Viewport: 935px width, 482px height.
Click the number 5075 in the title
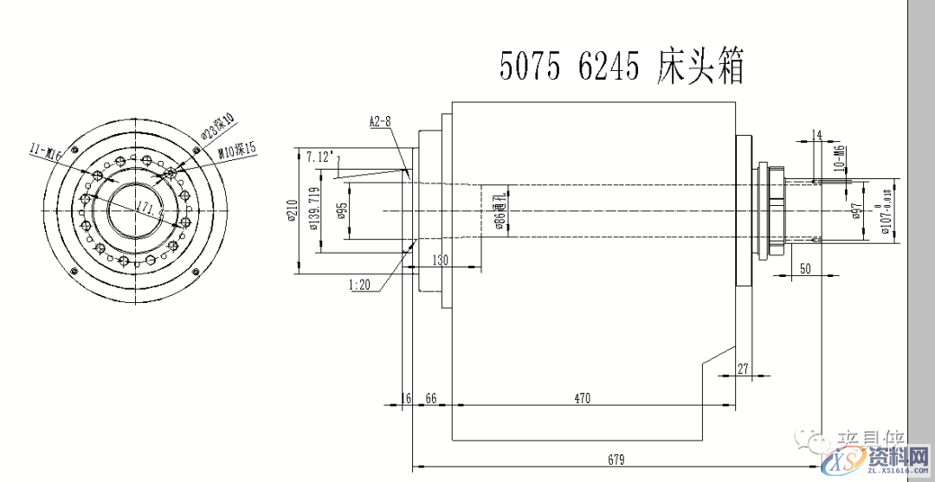coord(530,67)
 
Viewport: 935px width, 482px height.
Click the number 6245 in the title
coord(609,67)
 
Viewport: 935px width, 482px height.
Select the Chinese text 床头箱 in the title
coord(700,67)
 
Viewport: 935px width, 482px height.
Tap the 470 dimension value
coord(582,398)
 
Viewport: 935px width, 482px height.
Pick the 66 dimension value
coord(431,398)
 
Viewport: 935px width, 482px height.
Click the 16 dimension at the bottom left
coord(406,398)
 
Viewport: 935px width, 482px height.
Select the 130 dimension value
coord(440,260)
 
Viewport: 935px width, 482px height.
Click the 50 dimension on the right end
coord(805,270)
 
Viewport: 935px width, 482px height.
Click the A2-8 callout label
coord(381,122)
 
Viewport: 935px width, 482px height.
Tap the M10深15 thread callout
coord(237,151)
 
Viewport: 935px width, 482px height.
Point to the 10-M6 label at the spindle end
coord(838,161)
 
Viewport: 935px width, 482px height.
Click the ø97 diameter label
coord(855,212)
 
